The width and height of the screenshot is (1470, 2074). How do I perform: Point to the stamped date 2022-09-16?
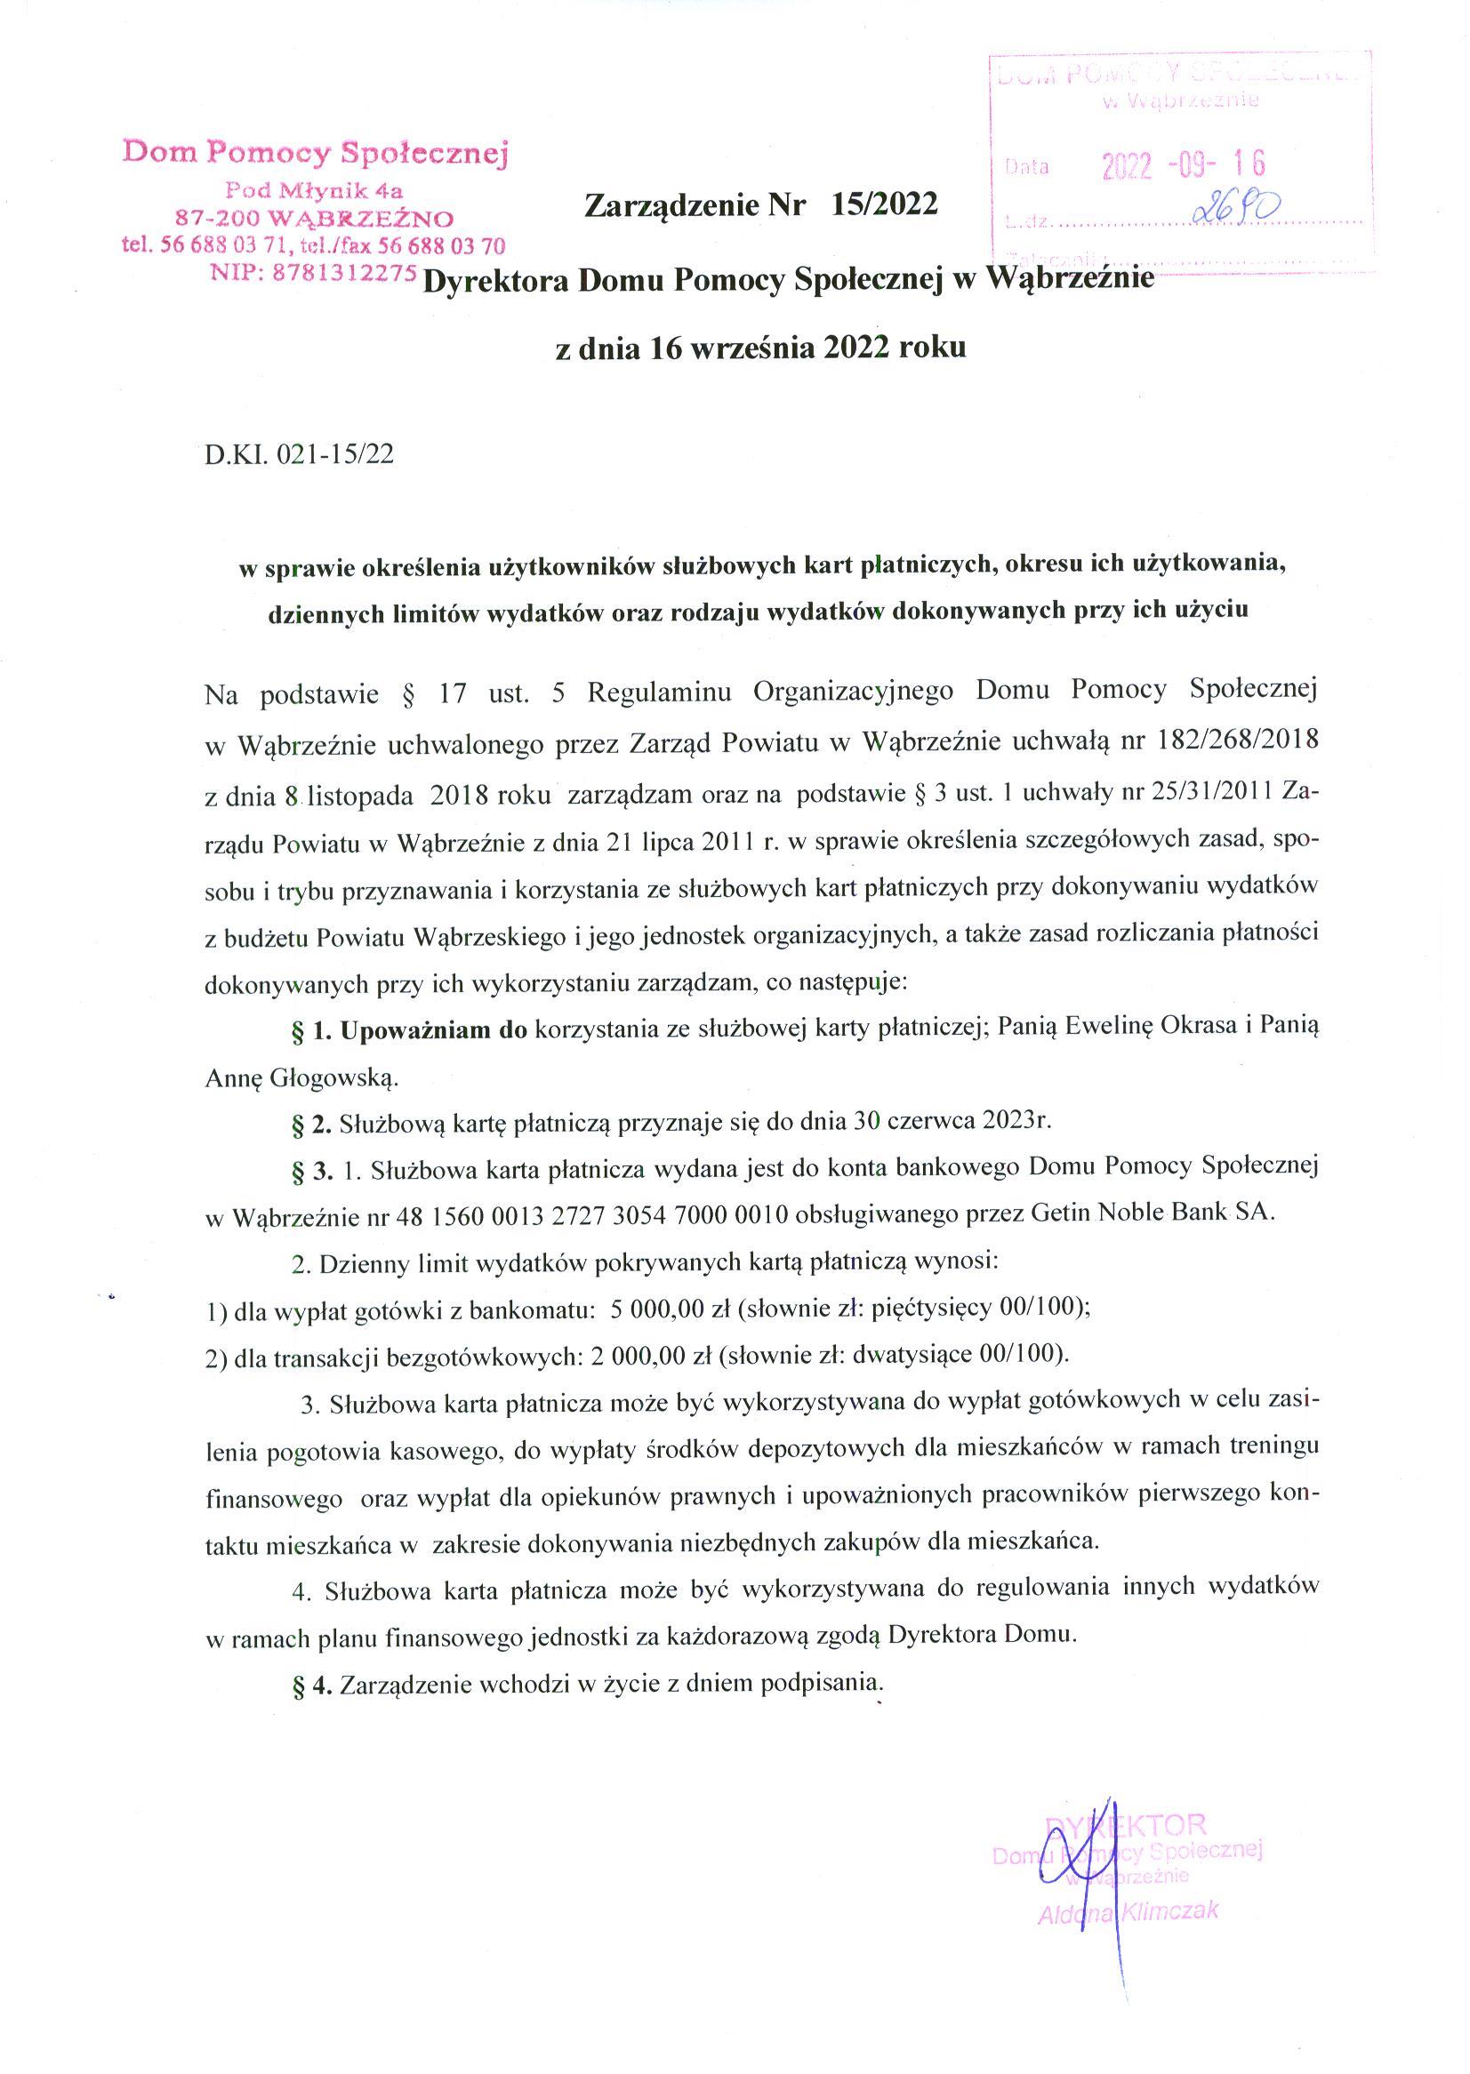point(1182,164)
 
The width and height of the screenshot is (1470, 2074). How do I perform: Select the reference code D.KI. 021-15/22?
point(300,454)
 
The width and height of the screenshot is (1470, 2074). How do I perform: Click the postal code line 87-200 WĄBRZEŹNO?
point(314,218)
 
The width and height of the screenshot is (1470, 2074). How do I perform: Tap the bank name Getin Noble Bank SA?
point(1152,1214)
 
